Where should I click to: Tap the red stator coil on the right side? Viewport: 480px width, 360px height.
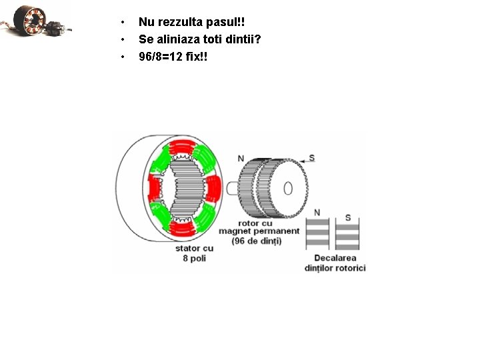[x=212, y=189]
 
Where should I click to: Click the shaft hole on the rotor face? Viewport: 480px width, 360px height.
[x=288, y=188]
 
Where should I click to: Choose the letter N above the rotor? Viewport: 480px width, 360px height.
[x=241, y=158]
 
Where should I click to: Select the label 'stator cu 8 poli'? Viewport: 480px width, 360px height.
[x=194, y=253]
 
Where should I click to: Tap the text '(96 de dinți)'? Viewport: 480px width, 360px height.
[x=256, y=241]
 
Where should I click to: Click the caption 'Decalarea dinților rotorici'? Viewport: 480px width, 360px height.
[x=335, y=263]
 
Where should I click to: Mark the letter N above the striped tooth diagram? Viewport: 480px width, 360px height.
[x=317, y=213]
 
